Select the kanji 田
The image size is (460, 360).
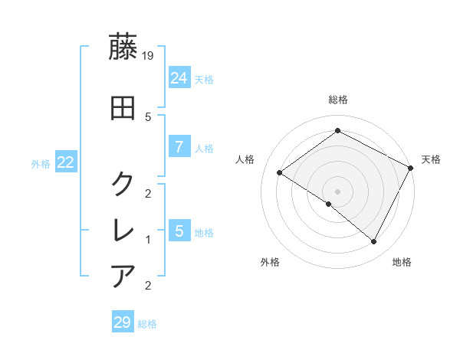[x=123, y=107]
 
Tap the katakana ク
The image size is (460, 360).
[x=123, y=184]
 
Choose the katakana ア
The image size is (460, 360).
[x=123, y=276]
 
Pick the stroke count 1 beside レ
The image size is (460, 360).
[x=148, y=240]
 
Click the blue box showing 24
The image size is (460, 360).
[x=179, y=77]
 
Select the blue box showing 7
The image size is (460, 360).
[x=179, y=146]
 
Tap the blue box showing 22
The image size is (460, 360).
[x=65, y=162]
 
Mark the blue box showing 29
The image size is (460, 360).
[x=123, y=322]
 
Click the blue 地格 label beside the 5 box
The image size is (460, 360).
[x=204, y=232]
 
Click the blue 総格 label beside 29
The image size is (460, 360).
[x=148, y=324]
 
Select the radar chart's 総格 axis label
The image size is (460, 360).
[x=338, y=100]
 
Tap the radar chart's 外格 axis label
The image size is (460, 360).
[x=270, y=263]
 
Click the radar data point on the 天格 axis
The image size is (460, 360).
[x=411, y=168]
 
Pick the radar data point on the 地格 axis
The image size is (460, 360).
[x=374, y=242]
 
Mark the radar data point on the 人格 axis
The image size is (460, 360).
[x=279, y=172]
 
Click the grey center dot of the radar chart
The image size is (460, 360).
[x=337, y=191]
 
